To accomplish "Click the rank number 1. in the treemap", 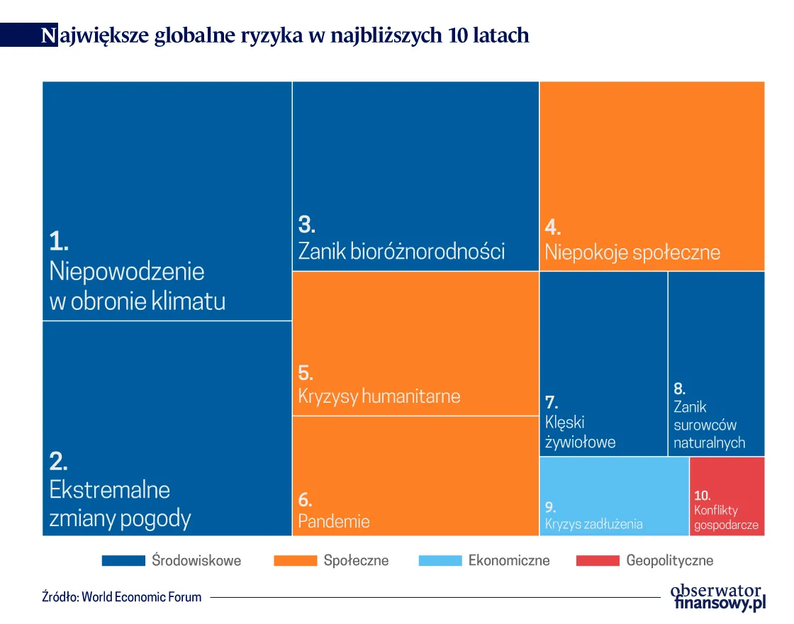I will (59, 242).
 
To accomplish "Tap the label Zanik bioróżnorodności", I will (401, 251).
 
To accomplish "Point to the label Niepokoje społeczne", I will (632, 252).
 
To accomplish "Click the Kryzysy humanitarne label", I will (379, 396).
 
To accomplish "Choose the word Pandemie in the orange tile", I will (334, 522).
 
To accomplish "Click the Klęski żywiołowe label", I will (580, 432).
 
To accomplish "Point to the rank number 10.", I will (703, 495).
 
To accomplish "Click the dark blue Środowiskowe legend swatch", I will (123, 561).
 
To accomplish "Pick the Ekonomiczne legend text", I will (509, 561).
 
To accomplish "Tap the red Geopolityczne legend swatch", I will (597, 561).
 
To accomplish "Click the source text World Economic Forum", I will (141, 597).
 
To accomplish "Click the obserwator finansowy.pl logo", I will (717, 597).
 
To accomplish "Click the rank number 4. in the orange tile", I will (553, 228).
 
